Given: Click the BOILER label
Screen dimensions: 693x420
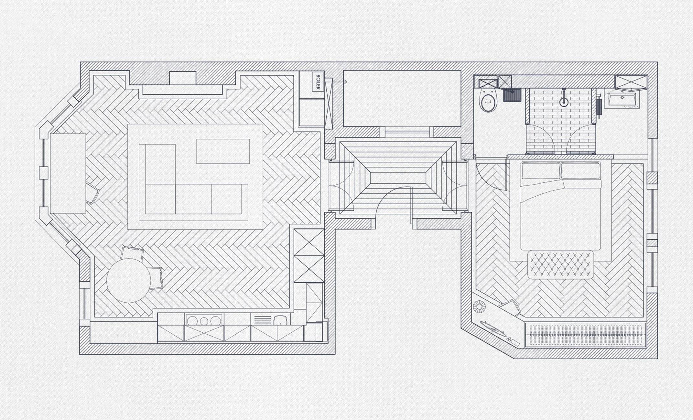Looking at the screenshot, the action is (318, 82).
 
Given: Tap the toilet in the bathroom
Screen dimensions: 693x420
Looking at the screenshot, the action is (488, 102).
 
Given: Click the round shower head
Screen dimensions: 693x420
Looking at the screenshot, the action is (564, 102).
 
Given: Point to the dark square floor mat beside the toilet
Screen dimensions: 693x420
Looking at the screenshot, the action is (511, 95).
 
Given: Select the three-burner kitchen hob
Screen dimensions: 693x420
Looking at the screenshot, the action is (203, 320).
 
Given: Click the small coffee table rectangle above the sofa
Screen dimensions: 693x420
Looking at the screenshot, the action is (223, 151).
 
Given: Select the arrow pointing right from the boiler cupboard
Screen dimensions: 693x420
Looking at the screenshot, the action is (340, 82).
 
